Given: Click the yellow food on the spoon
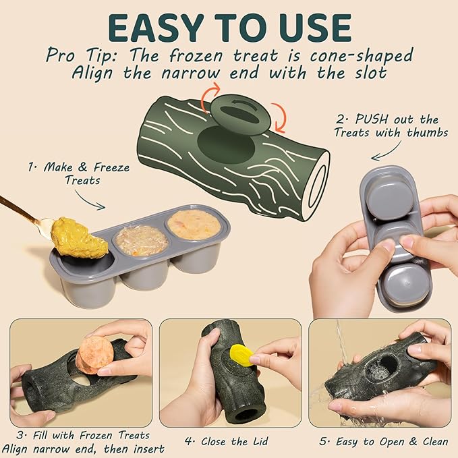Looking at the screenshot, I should pos(80,237).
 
